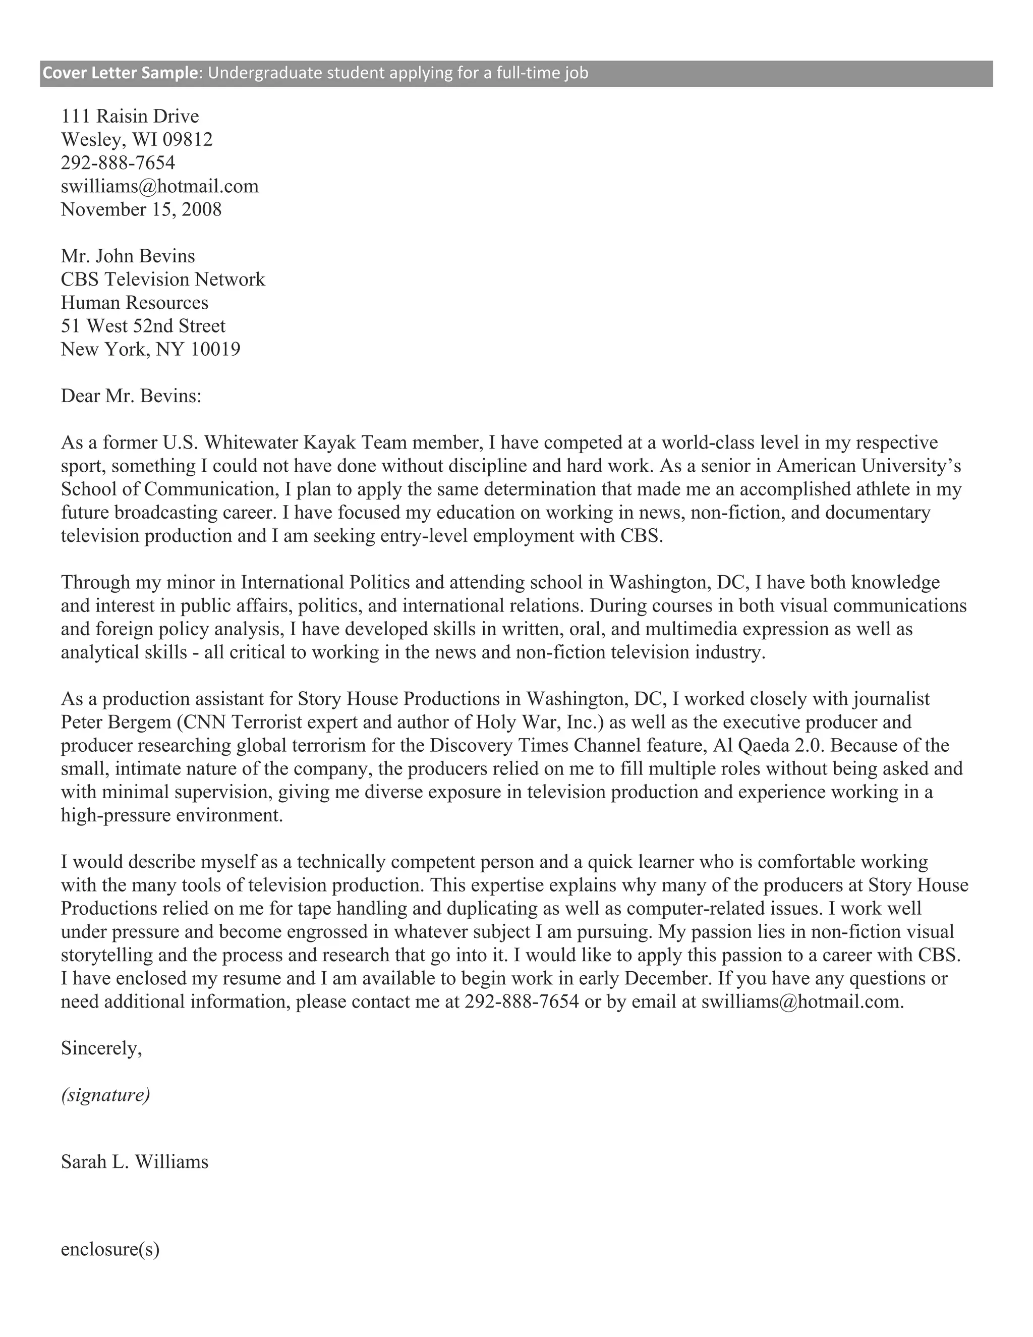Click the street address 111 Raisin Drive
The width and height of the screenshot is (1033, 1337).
coord(130,117)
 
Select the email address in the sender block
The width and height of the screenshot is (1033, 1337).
coord(160,186)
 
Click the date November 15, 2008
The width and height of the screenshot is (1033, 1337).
coord(141,209)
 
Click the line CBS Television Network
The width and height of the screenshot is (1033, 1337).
coord(163,279)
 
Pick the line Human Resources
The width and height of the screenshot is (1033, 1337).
coord(134,302)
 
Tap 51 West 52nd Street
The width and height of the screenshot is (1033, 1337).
coord(143,326)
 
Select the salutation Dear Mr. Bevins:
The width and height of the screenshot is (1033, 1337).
coord(131,396)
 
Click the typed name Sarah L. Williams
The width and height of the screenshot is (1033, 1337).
coord(135,1161)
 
